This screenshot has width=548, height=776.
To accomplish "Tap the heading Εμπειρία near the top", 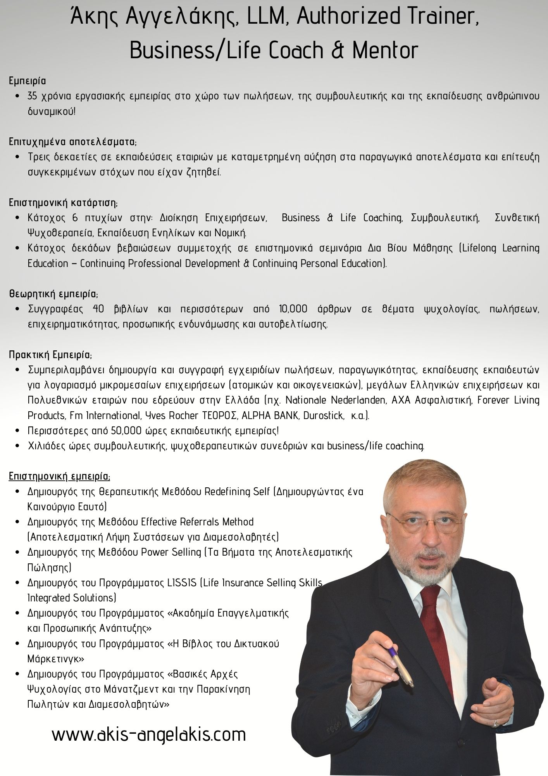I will pos(28,81).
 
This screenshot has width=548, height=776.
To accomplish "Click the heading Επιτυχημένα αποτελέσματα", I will pos(73,142).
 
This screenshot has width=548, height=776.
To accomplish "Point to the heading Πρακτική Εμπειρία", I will pos(50,355).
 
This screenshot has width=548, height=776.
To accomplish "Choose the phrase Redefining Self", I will pos(237,492).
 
